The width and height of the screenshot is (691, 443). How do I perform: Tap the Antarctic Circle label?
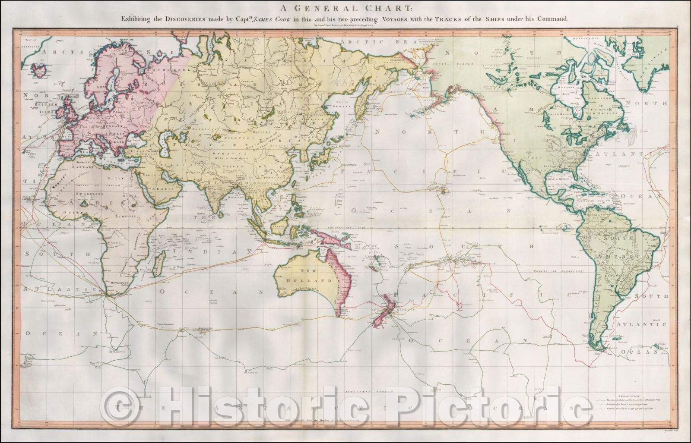[370, 379]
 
